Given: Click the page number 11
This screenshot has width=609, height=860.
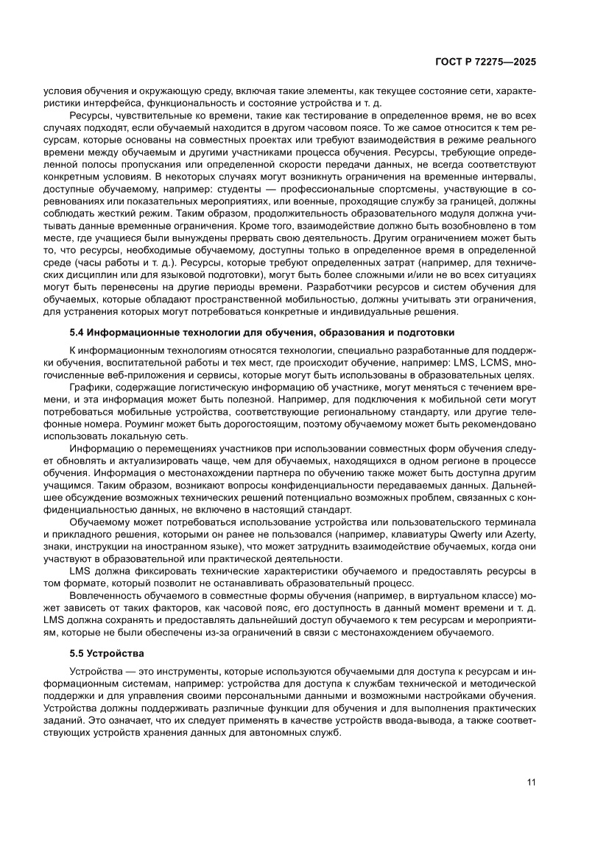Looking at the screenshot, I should click(531, 782).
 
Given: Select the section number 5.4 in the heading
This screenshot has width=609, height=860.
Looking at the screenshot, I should click(77, 333).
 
